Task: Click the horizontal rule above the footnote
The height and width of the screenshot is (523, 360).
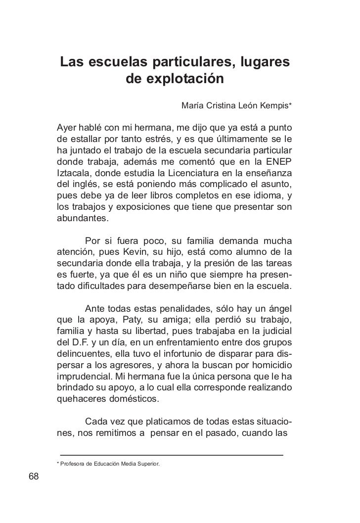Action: pyautogui.click(x=171, y=454)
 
